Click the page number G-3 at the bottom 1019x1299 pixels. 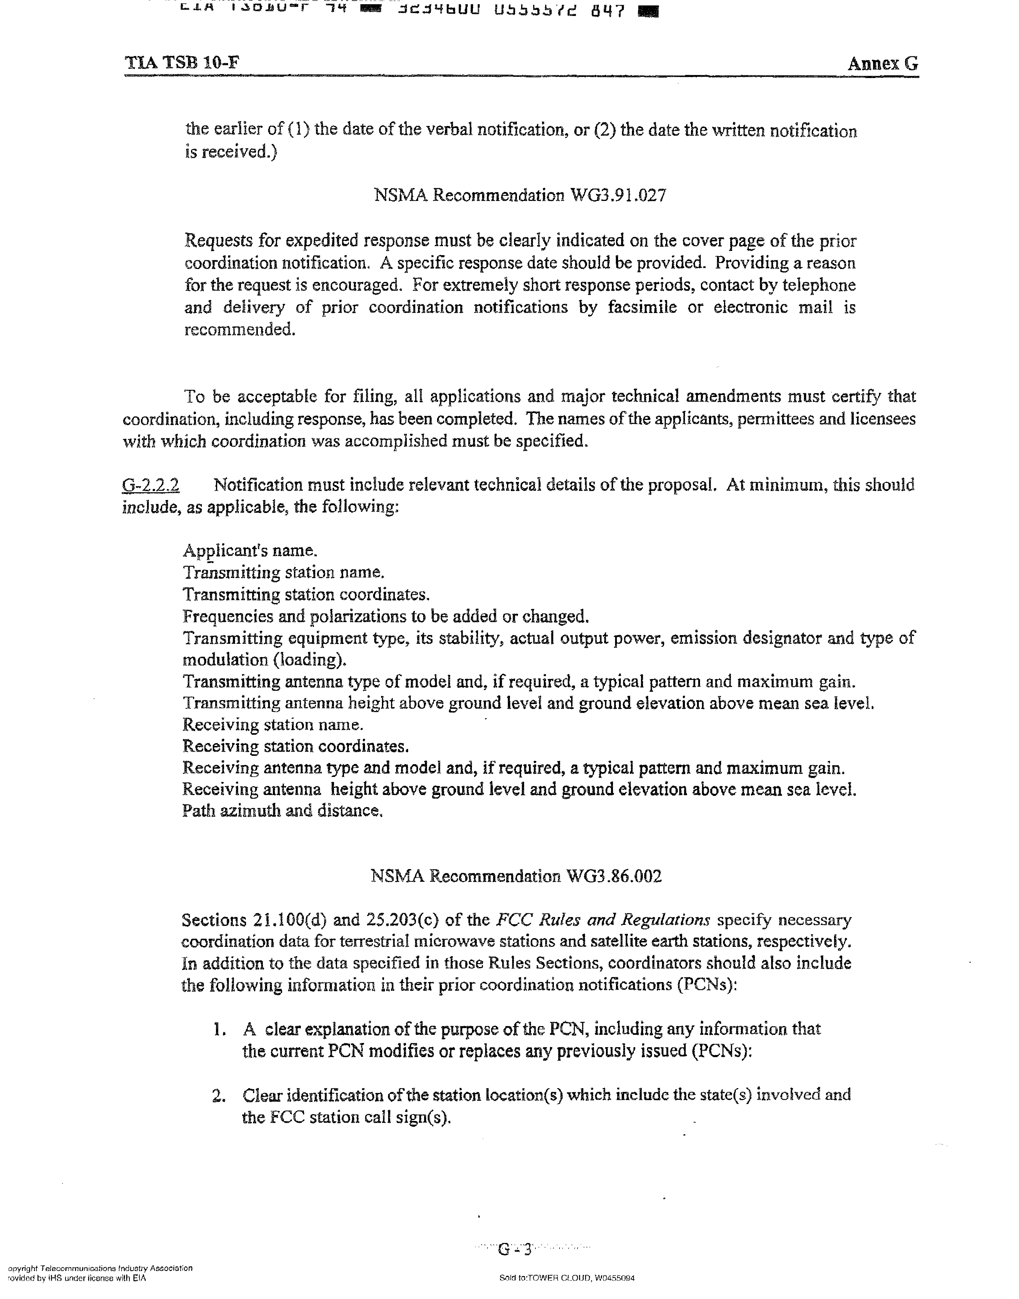coord(514,1248)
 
